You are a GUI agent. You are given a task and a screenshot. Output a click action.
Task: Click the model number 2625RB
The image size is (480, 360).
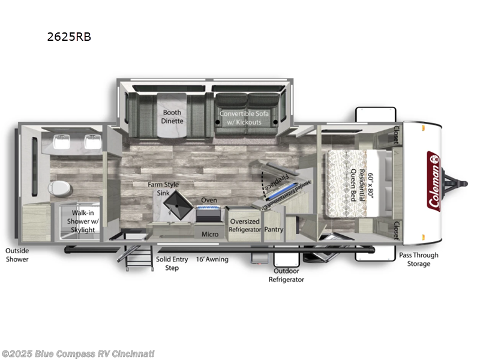pos(69,36)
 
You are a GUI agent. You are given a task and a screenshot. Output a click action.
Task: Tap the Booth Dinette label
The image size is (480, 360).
pos(172,116)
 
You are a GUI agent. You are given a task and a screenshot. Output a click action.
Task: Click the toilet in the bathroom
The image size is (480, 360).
pos(59,188)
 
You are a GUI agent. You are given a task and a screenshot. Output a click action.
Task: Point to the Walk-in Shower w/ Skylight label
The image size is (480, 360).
pos(83,221)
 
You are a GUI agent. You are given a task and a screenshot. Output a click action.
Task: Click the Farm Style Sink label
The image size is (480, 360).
pos(164,188)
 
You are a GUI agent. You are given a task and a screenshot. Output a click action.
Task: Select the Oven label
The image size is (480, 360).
pos(209,200)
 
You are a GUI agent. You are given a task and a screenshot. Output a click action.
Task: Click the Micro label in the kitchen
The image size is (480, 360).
pos(209,233)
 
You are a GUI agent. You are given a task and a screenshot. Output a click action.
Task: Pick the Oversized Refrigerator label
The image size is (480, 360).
pos(245,225)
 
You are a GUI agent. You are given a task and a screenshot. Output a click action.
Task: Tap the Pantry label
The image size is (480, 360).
pos(274,229)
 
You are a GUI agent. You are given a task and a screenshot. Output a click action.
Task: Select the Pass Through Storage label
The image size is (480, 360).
pos(419,259)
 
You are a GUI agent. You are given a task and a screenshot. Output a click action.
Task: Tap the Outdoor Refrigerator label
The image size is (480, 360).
pos(286,275)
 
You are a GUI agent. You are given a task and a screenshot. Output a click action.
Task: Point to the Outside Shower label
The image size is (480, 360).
pos(17,255)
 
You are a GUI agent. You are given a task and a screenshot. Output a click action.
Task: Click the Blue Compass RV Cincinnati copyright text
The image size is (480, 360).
pos(78,353)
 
